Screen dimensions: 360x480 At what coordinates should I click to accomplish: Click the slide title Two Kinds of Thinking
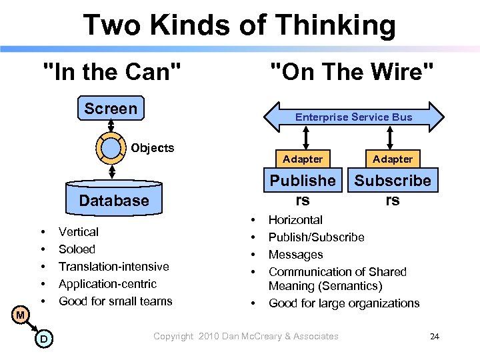click(x=239, y=26)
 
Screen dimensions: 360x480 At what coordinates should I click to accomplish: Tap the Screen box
click(x=111, y=109)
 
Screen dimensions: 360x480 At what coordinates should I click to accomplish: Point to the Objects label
click(x=153, y=148)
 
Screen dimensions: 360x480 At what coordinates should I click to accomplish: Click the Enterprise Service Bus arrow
click(x=353, y=117)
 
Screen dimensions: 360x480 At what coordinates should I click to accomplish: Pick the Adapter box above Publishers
click(x=303, y=159)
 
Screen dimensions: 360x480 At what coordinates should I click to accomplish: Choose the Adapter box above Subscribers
click(x=393, y=159)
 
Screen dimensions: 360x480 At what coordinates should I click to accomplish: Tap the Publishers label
click(x=303, y=189)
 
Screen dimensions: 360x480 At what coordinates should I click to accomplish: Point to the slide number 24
click(x=434, y=337)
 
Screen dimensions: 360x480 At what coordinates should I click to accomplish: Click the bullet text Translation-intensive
click(x=113, y=266)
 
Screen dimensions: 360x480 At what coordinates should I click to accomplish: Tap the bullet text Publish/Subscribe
click(x=316, y=237)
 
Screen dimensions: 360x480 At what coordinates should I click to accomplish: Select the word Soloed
click(x=77, y=249)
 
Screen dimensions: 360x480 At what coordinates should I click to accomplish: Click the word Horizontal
click(x=295, y=220)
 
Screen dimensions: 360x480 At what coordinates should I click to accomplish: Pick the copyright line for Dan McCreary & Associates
click(x=246, y=337)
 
